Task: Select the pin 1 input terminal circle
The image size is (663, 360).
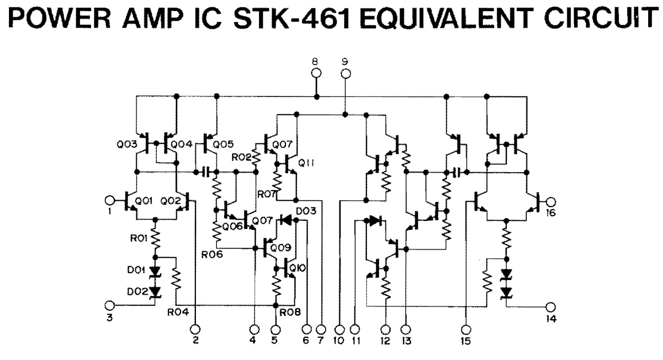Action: (x=110, y=201)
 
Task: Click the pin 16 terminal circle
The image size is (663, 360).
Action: (x=551, y=201)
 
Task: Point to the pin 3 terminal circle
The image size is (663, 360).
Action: (x=110, y=305)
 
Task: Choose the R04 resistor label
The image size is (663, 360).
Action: (x=178, y=312)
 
